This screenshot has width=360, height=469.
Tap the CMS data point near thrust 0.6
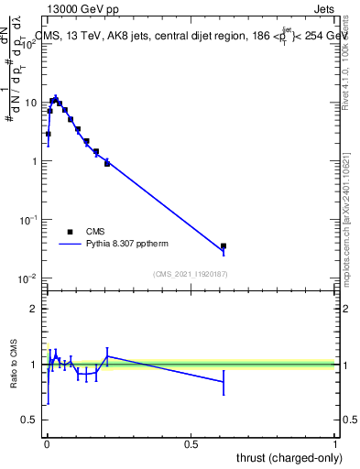(x=224, y=245)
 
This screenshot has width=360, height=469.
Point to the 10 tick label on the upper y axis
(x=30, y=103)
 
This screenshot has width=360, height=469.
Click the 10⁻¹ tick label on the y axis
(x=27, y=220)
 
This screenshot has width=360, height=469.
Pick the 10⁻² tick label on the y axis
(x=27, y=278)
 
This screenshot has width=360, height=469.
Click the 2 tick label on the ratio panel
(x=34, y=309)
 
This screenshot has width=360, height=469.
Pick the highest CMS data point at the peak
(x=55, y=99)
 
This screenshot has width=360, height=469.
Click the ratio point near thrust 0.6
(x=224, y=382)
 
